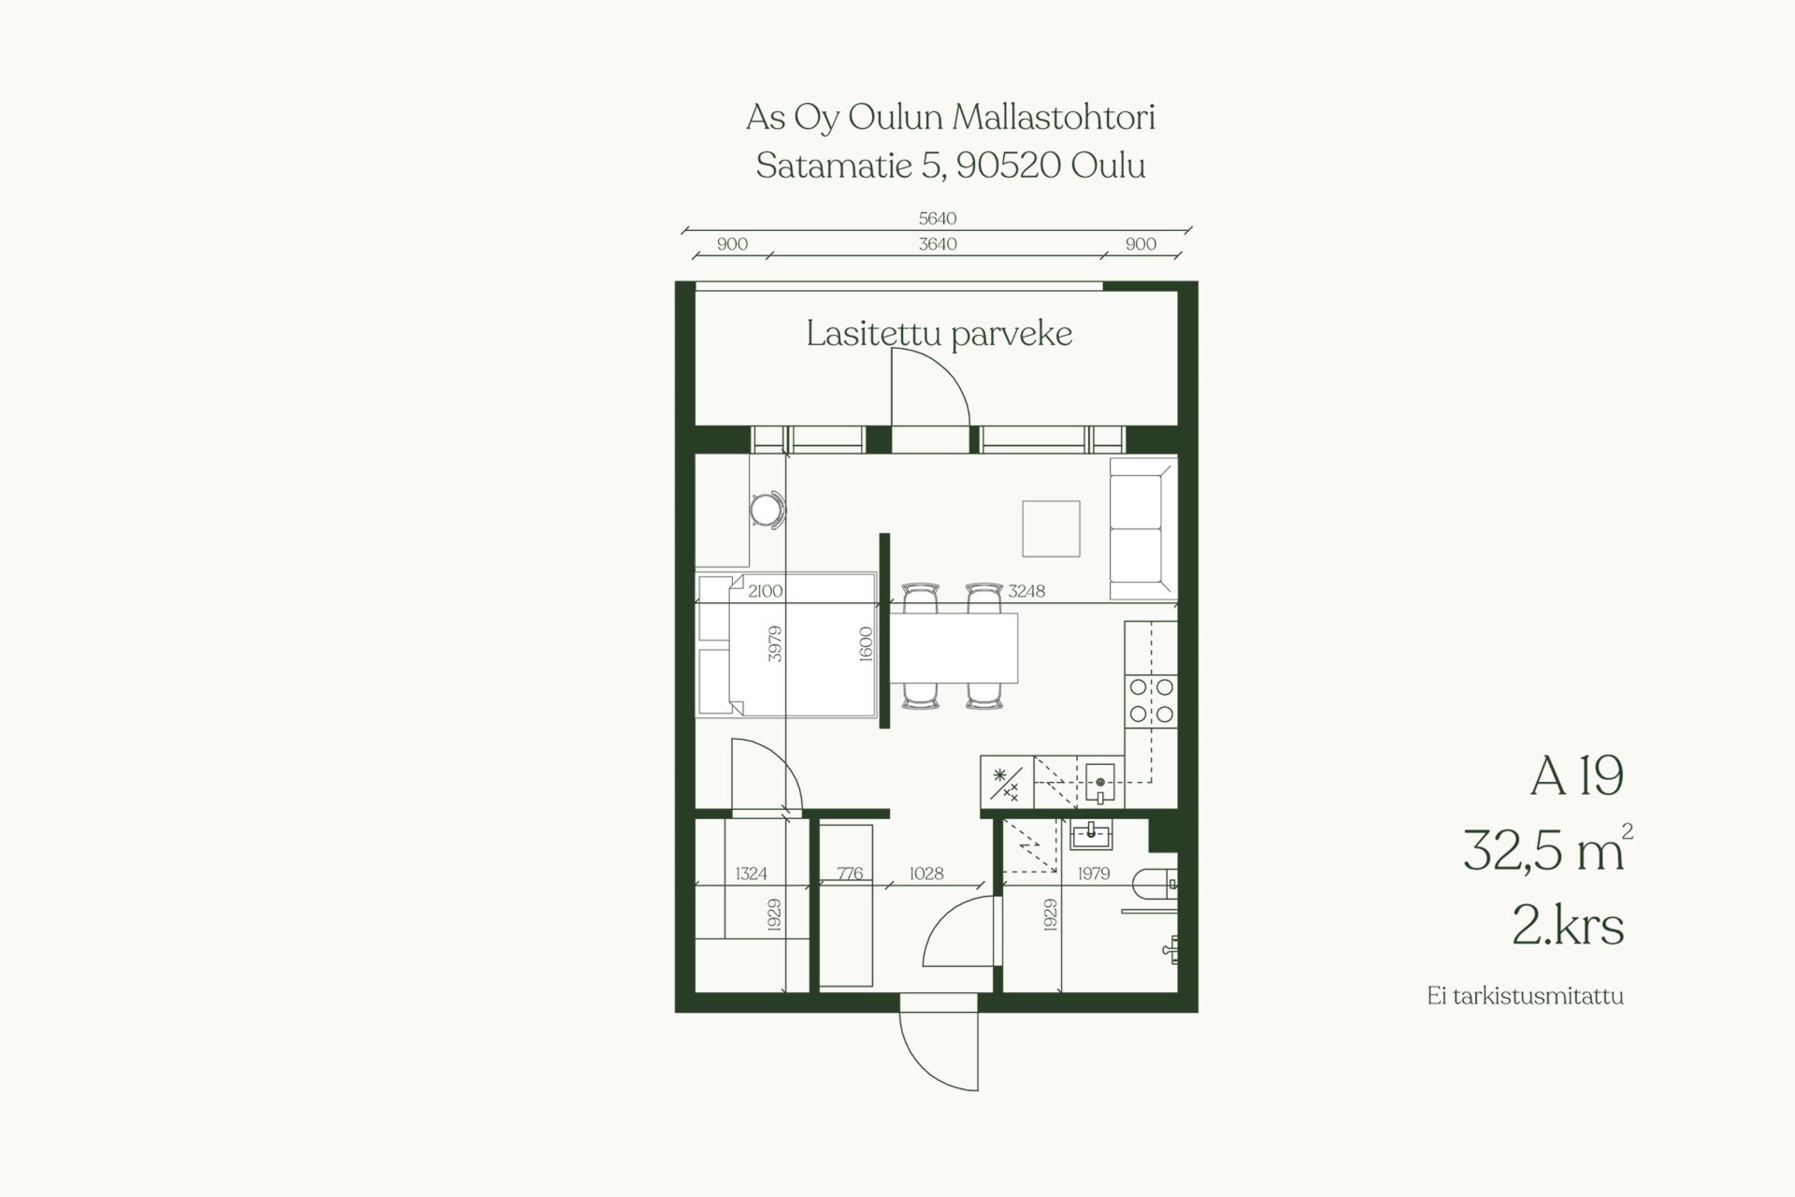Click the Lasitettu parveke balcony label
939,334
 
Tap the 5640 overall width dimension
938,218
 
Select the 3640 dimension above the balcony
938,244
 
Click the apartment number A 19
1576,776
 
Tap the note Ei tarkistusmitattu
1525,996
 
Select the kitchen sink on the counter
1100,782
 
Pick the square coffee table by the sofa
1051,528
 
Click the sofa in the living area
1142,528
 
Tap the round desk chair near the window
768,510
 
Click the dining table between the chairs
953,648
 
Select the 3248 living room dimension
1027,591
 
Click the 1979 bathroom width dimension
1093,873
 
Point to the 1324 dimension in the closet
751,873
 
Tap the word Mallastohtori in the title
1054,118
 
